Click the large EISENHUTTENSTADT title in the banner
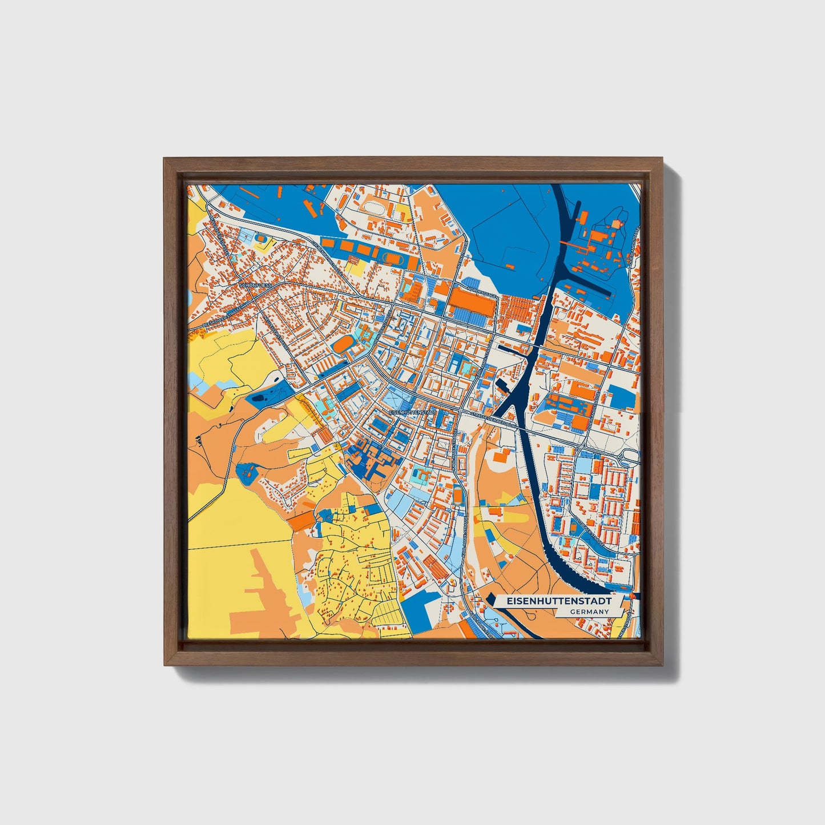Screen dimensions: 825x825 554,601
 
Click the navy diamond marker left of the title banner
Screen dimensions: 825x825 489,600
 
